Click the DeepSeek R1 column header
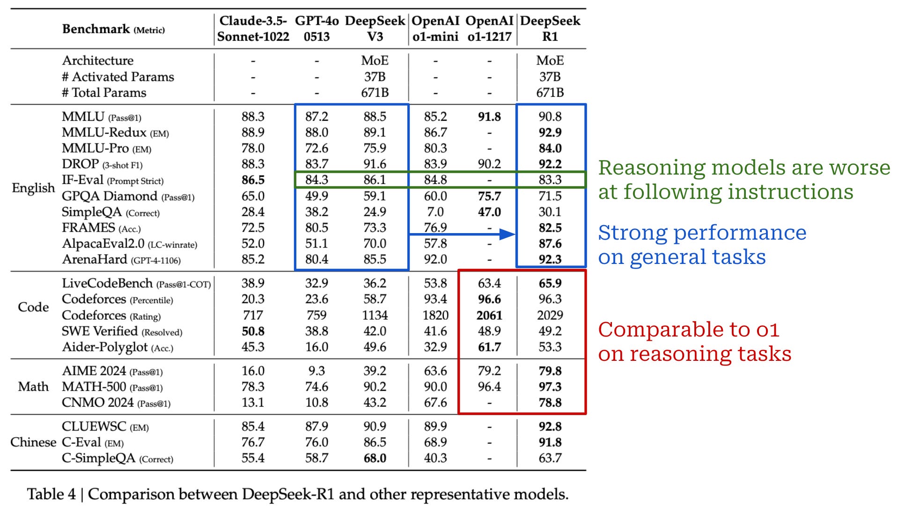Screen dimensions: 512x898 point(550,29)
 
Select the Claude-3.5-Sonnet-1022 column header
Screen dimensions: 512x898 point(253,29)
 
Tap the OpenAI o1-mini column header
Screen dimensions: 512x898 point(435,29)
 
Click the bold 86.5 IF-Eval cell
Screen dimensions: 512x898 point(253,180)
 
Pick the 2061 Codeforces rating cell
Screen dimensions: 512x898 point(489,315)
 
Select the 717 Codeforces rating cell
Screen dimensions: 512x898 point(253,315)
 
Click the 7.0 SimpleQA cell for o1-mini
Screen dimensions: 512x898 point(435,212)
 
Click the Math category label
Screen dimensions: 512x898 point(33,387)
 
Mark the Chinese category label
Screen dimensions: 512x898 point(33,442)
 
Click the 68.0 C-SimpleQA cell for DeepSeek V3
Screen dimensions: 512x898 point(375,458)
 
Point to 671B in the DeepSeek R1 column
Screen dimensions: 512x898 point(550,93)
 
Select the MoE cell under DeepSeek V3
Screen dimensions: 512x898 point(375,61)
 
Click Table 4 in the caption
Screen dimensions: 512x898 point(51,494)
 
